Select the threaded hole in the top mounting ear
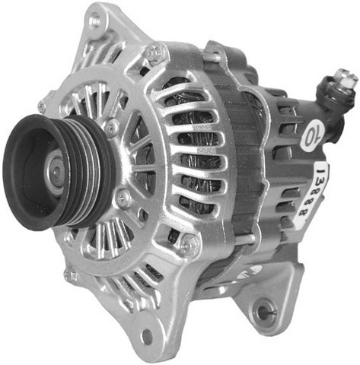pyautogui.click(x=95, y=22)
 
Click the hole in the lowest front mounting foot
pyautogui.click(x=148, y=337)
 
